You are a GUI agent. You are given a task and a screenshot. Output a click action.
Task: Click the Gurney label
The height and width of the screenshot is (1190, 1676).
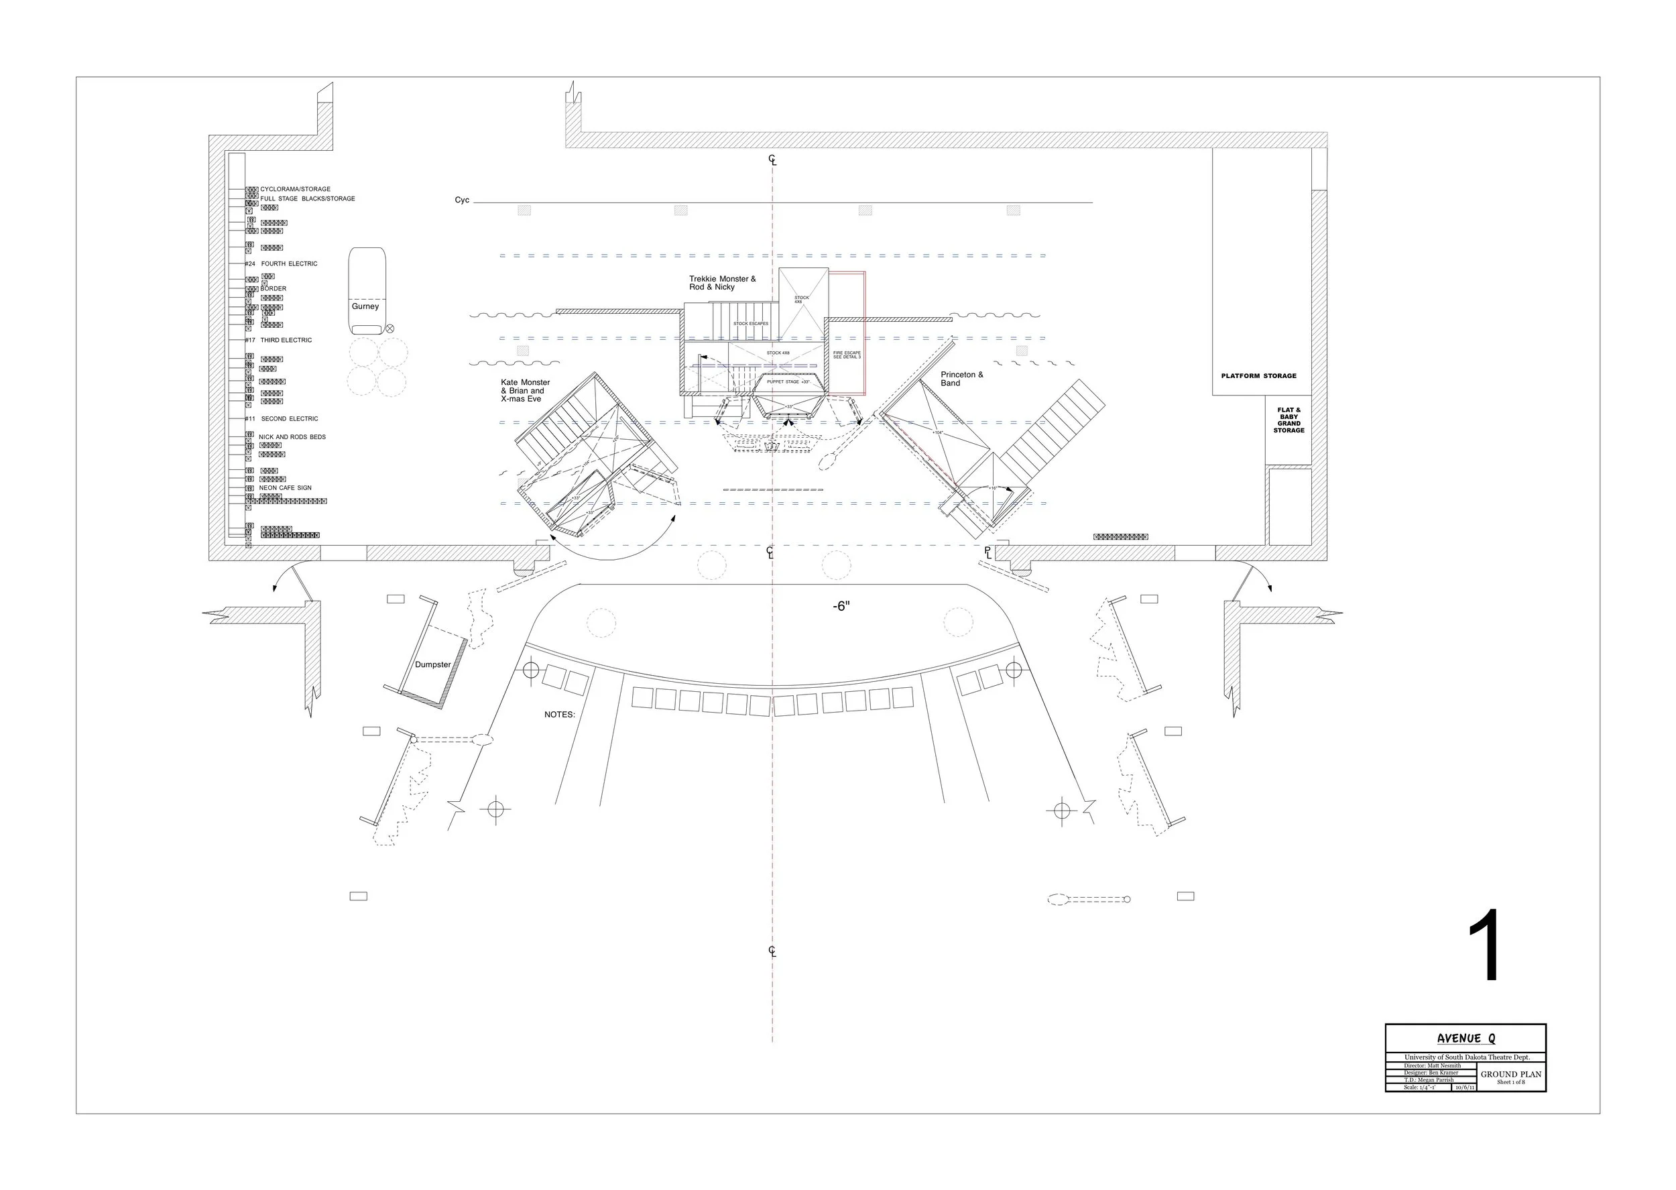tap(365, 306)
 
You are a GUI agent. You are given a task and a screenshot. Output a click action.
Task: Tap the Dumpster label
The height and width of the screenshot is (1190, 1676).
tap(433, 664)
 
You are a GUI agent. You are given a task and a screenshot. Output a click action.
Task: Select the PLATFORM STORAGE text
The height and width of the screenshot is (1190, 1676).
tap(1258, 376)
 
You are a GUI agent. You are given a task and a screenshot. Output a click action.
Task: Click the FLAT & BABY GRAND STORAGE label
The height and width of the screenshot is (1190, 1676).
tap(1289, 420)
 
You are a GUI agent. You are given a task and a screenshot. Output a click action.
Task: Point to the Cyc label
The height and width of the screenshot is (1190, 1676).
tap(461, 200)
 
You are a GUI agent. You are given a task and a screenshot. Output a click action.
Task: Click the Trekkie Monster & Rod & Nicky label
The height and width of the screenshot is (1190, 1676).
tap(722, 283)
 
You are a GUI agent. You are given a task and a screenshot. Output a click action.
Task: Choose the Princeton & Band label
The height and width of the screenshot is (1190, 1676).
tap(962, 379)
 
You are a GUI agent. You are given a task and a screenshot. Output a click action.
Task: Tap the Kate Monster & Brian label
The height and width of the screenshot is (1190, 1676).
tap(525, 391)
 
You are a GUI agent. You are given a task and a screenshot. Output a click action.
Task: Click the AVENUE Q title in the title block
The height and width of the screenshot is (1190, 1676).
tap(1465, 1038)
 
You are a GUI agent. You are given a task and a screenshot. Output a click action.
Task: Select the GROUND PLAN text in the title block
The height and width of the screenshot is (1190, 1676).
tap(1510, 1074)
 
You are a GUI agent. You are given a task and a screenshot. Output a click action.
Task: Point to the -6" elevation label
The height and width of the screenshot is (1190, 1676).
tap(841, 606)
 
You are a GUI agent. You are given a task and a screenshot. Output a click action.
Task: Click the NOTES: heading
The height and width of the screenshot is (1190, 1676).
tap(560, 715)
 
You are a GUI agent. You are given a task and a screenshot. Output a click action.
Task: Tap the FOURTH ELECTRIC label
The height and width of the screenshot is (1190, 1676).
tap(290, 263)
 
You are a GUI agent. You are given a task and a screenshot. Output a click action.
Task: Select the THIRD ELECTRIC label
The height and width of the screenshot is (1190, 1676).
tap(286, 340)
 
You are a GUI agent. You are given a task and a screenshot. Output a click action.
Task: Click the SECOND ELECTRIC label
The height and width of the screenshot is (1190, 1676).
tap(290, 419)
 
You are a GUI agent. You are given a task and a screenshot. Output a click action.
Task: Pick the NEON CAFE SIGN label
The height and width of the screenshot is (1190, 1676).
tap(285, 488)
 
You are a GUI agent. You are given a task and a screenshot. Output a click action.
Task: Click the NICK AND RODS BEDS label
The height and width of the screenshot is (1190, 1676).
tap(292, 436)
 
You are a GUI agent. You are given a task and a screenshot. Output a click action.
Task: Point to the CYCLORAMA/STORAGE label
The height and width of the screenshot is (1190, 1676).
tap(295, 189)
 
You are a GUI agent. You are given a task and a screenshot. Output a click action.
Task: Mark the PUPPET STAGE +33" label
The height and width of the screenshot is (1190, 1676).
tap(788, 381)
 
